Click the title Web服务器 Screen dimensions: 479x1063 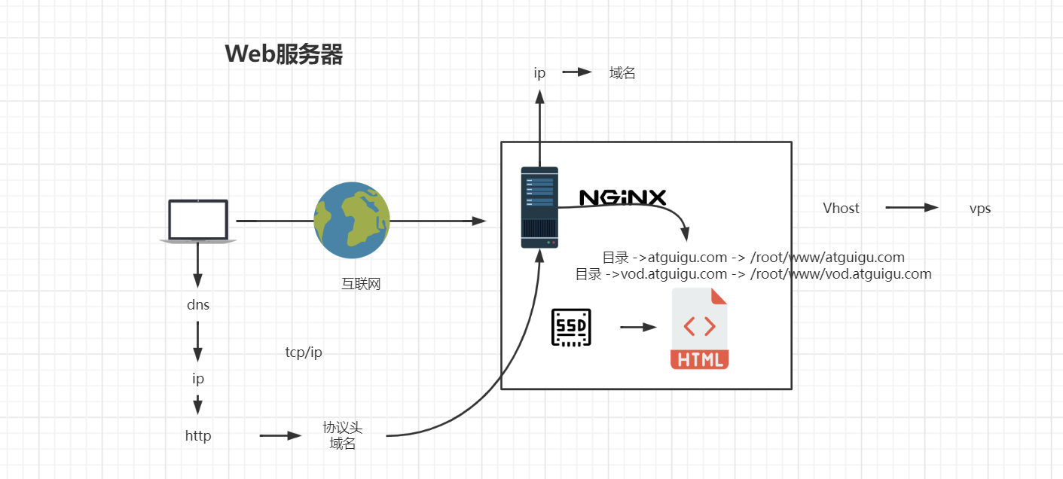[x=284, y=54]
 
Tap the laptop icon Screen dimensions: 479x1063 [x=198, y=221]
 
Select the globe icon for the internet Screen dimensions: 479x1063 [x=352, y=221]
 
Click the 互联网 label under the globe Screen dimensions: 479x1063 [x=361, y=284]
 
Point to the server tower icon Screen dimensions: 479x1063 [x=539, y=207]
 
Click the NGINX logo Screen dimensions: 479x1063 [x=622, y=197]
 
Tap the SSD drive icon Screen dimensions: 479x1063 [x=572, y=328]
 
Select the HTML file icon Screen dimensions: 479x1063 [x=699, y=328]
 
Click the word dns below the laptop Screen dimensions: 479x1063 [x=198, y=305]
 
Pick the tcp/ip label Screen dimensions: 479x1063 [x=304, y=352]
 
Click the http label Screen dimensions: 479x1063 [x=198, y=435]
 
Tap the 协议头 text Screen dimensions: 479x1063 [x=343, y=428]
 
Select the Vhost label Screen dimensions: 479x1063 [x=841, y=208]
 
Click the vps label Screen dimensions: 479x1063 [x=980, y=209]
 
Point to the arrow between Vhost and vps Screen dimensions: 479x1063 [x=912, y=208]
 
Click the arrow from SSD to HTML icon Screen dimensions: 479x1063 [x=638, y=328]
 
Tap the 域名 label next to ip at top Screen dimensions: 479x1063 [x=622, y=73]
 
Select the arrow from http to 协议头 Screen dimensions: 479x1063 [x=280, y=435]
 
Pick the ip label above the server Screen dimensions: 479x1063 [x=539, y=73]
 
